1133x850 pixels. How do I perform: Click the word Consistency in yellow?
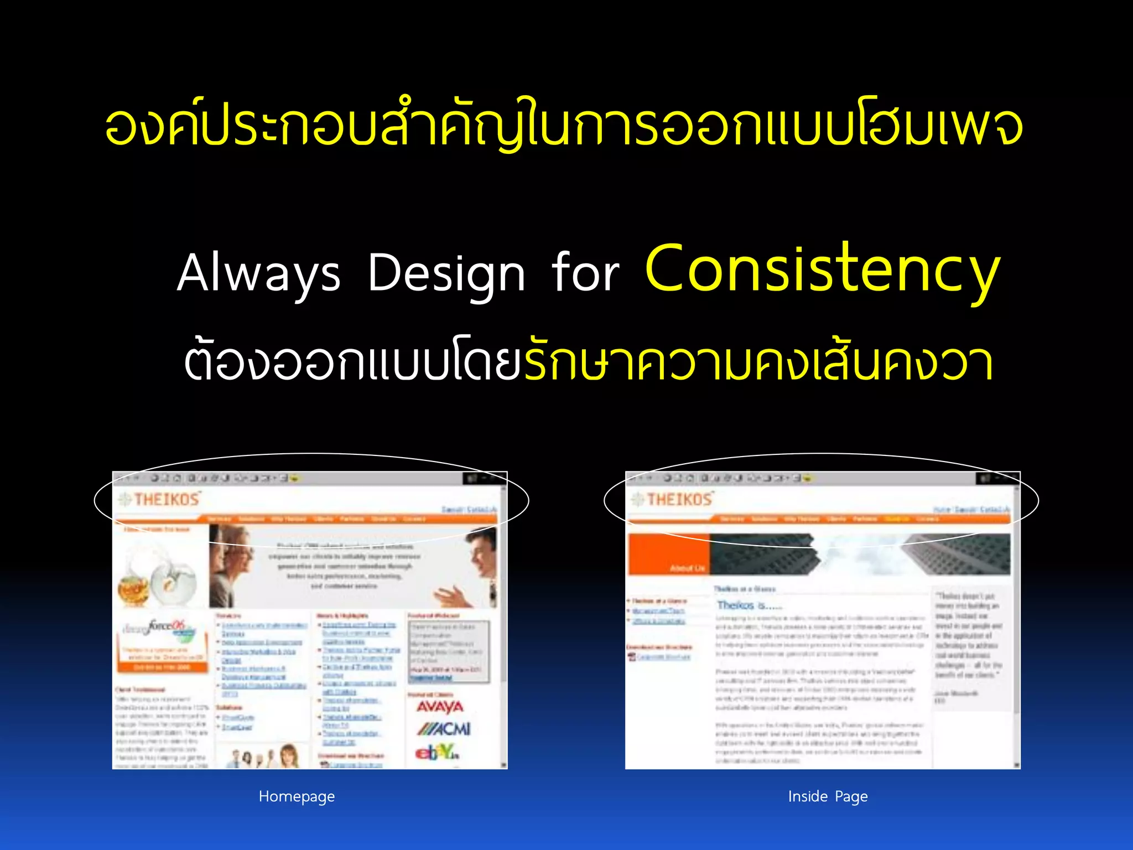pyautogui.click(x=823, y=269)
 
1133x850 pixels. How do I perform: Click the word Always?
pyautogui.click(x=258, y=273)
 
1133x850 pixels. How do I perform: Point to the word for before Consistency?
pyautogui.click(x=585, y=273)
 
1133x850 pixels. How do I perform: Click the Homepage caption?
pyautogui.click(x=297, y=796)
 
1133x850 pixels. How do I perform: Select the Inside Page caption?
pyautogui.click(x=828, y=796)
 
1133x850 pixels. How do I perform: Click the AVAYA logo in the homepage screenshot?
pyautogui.click(x=440, y=707)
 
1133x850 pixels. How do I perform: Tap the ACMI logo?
pyautogui.click(x=444, y=729)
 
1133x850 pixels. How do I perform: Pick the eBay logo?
pyautogui.click(x=437, y=752)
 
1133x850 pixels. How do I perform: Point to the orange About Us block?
pyautogui.click(x=669, y=555)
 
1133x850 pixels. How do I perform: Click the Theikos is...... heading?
pyautogui.click(x=749, y=605)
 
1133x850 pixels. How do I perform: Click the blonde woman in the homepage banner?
pyautogui.click(x=232, y=564)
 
